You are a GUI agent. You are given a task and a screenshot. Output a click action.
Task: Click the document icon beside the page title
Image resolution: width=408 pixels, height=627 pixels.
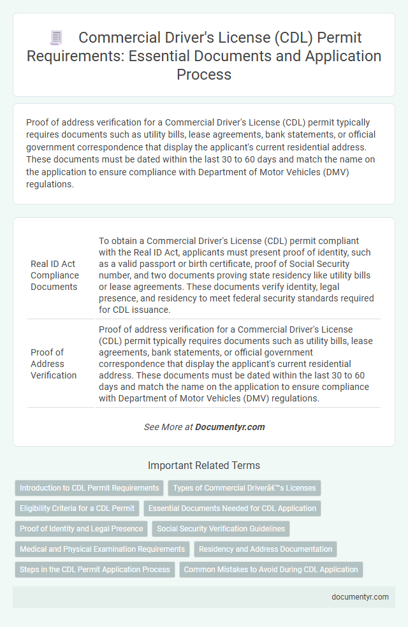(x=57, y=38)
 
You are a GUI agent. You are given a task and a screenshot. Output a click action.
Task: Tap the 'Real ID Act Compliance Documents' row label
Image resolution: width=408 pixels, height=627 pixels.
(x=55, y=275)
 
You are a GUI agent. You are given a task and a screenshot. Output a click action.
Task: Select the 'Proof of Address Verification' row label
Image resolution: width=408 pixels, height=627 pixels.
(x=54, y=364)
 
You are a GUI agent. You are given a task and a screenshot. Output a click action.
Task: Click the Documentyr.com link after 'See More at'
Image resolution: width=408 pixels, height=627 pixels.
(x=230, y=427)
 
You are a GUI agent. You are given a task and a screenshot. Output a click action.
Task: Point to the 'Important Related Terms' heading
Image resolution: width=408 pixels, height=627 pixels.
(x=204, y=465)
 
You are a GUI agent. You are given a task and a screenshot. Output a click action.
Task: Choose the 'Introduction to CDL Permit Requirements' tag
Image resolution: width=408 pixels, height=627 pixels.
(x=89, y=488)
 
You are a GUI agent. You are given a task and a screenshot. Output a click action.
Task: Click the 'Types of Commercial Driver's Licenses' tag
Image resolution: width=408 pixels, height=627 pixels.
(x=245, y=488)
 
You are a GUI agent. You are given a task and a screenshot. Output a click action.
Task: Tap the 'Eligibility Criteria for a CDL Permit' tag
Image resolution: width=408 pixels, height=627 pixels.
(x=77, y=508)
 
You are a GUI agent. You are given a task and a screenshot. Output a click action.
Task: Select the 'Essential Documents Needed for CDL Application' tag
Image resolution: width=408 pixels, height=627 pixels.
(x=233, y=508)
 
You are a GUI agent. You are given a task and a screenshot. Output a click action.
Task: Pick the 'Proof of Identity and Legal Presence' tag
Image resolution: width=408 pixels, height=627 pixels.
(x=81, y=528)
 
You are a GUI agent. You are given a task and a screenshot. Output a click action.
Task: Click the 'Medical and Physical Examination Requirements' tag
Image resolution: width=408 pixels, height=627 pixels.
(x=102, y=549)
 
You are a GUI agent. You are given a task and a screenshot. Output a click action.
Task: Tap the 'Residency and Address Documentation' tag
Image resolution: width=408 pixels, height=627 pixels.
(x=265, y=549)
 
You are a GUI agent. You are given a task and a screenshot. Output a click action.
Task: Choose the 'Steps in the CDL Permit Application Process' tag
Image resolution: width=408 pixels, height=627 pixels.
(x=94, y=569)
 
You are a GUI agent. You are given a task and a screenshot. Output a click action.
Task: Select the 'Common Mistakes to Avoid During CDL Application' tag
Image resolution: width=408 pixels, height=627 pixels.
(x=271, y=569)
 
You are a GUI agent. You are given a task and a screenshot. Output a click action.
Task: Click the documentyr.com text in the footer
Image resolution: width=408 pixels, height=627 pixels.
(x=360, y=597)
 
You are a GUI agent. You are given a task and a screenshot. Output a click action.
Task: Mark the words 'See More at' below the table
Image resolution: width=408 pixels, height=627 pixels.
(x=168, y=427)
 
